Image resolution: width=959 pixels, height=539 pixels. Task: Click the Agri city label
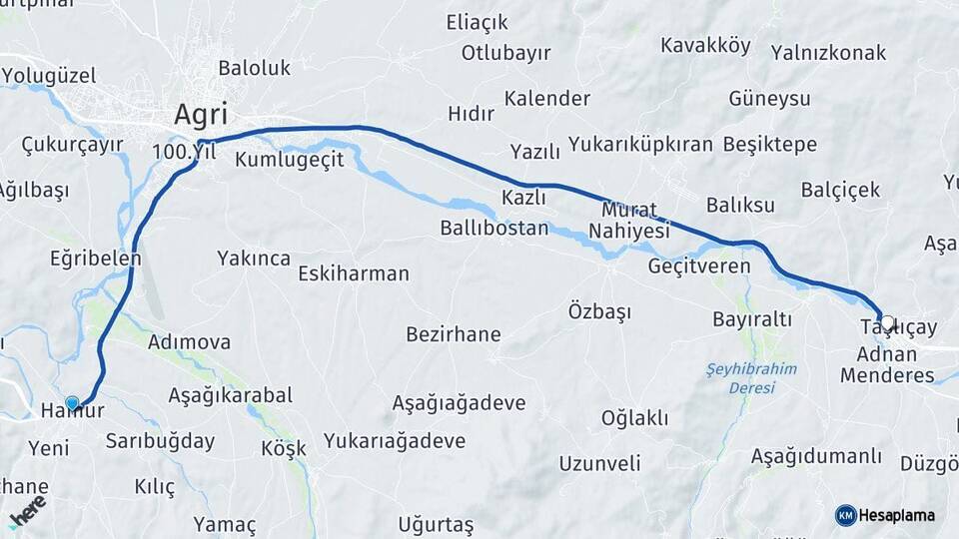click(201, 114)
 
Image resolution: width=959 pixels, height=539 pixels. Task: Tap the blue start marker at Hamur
click(71, 402)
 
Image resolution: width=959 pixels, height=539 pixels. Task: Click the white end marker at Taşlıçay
click(886, 322)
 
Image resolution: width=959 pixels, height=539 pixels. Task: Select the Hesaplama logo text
click(897, 515)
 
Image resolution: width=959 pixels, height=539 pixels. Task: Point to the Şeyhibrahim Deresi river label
click(751, 377)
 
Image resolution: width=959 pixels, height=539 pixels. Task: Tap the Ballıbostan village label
click(494, 228)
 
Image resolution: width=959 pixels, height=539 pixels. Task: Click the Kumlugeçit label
click(290, 159)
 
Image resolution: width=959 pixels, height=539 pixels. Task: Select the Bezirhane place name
click(453, 334)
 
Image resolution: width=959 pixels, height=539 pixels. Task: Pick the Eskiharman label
click(354, 272)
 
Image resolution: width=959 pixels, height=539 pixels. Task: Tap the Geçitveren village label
click(699, 267)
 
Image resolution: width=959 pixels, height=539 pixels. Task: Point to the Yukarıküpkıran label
click(640, 144)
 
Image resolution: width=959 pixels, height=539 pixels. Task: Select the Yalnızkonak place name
click(828, 53)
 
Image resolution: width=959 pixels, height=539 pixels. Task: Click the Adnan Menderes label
click(887, 364)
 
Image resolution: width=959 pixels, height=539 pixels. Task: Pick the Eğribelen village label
click(95, 258)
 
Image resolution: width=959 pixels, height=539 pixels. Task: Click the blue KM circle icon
click(845, 515)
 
